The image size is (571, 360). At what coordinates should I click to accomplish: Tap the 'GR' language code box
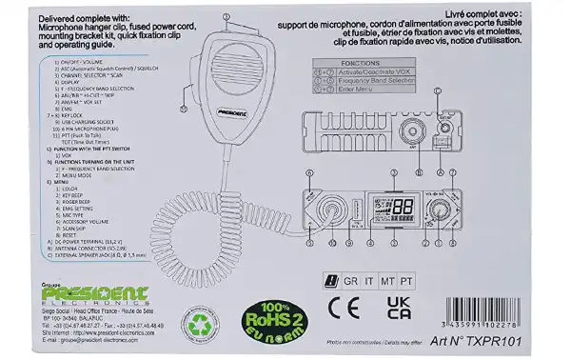(x=352, y=281)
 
